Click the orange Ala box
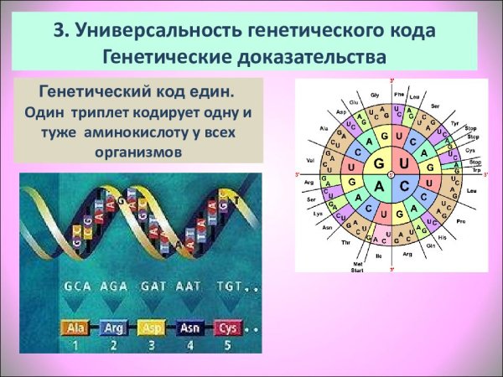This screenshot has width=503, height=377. click(x=76, y=328)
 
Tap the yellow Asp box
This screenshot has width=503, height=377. click(x=153, y=328)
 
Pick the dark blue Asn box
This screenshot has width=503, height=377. click(x=189, y=328)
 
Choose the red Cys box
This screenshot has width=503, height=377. click(x=227, y=328)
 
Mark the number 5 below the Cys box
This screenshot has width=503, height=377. click(x=227, y=344)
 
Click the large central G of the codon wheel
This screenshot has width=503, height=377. click(x=381, y=162)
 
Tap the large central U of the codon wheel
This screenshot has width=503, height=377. click(x=403, y=162)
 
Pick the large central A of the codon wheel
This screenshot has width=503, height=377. click(x=381, y=184)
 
